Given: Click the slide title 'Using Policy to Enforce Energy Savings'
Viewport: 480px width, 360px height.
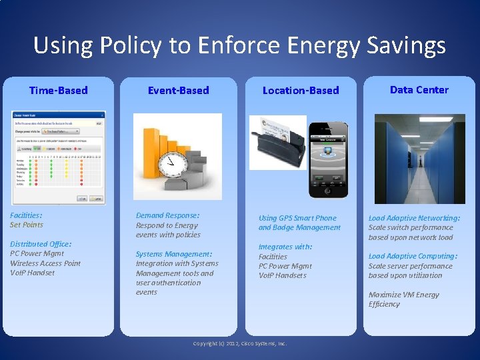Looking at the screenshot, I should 239,46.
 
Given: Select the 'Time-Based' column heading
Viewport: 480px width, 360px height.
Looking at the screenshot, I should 58,90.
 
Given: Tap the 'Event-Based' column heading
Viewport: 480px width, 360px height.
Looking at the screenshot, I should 178,90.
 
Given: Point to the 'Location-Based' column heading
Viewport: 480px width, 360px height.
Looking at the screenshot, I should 300,90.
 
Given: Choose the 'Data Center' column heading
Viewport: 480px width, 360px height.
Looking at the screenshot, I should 419,89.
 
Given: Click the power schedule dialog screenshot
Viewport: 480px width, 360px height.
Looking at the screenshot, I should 58,157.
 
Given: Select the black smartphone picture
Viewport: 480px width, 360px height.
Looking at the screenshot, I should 328,159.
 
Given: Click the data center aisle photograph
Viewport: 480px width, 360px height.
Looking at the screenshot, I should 419,159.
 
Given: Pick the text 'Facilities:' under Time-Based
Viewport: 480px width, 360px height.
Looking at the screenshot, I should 26,215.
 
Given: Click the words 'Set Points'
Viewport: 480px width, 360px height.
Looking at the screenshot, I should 27,225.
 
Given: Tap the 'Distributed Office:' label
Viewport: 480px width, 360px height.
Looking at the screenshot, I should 41,244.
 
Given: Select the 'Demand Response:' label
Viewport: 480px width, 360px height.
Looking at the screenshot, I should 167,215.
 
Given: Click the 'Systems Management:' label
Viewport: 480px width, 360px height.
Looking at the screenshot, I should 173,254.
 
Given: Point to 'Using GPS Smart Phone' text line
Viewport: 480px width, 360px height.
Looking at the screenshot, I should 297,218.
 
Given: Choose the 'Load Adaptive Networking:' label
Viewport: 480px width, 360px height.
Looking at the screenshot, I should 414,218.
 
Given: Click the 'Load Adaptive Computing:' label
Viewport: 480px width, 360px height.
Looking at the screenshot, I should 413,256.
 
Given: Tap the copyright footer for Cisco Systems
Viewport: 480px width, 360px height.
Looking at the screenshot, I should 239,343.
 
